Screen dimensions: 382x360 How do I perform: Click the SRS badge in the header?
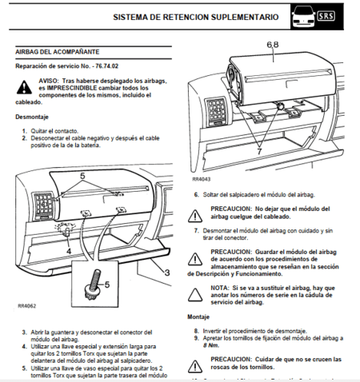tap(338, 16)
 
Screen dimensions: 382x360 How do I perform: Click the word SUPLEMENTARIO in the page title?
tap(244, 16)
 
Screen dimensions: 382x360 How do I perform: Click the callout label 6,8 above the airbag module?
tap(273, 43)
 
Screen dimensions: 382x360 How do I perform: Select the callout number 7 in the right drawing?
tap(258, 150)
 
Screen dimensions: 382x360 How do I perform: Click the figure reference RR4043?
tap(201, 181)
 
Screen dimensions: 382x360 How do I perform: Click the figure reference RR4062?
tap(27, 304)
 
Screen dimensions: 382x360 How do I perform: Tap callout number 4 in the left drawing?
tap(69, 250)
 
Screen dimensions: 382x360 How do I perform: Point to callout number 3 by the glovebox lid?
tap(166, 273)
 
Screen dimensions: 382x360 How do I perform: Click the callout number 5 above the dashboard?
tap(82, 173)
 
